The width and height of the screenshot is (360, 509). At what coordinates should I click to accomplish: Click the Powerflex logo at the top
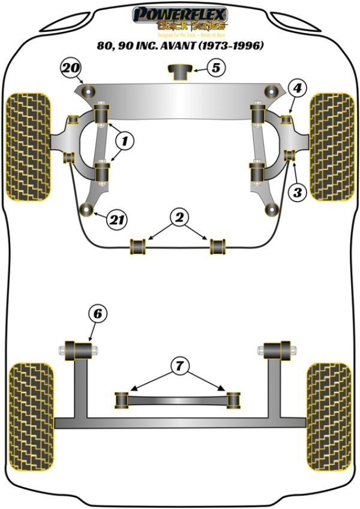(179, 18)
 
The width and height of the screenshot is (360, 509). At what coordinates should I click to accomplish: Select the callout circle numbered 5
(217, 67)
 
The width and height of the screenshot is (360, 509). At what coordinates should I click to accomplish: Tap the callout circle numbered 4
(298, 89)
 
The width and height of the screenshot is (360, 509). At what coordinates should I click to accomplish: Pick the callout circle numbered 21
(117, 220)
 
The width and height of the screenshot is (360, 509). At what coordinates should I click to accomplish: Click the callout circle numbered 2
(178, 217)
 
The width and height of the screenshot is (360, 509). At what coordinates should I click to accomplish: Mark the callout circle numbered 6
(98, 313)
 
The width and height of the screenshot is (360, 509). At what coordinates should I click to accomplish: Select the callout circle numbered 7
(178, 364)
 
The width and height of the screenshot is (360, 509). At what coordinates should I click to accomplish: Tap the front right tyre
(331, 146)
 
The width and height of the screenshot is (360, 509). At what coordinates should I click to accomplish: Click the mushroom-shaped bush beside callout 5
(179, 72)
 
